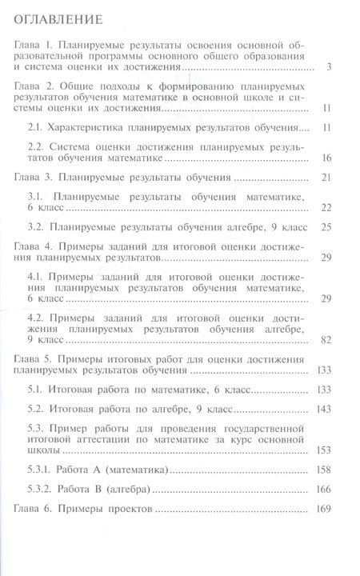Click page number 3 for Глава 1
(330, 67)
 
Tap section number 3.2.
(37, 226)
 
